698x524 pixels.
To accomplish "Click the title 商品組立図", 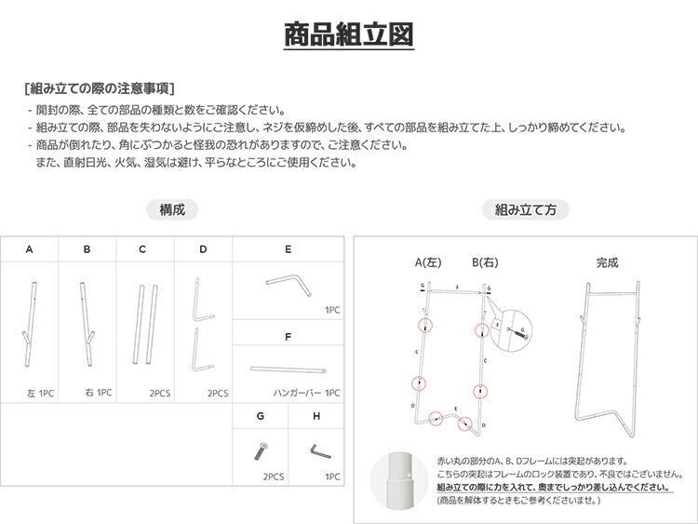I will pyautogui.click(x=349, y=34).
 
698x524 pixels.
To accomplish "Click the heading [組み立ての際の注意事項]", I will pyautogui.click(x=100, y=89).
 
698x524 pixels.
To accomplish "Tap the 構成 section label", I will pyautogui.click(x=172, y=210).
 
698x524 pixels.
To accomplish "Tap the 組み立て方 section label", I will pyautogui.click(x=526, y=210).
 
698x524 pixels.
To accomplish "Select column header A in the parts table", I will pyautogui.click(x=29, y=249).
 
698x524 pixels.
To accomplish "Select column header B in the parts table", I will pyautogui.click(x=87, y=249).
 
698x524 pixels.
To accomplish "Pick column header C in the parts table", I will pyautogui.click(x=142, y=249).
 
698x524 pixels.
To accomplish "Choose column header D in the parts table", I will pyautogui.click(x=202, y=249).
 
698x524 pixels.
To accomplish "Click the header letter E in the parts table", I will pyautogui.click(x=289, y=249).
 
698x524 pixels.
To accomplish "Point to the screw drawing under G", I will pyautogui.click(x=260, y=452).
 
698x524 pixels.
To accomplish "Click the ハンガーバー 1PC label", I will pyautogui.click(x=307, y=393).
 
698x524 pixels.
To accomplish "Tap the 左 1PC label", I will pyautogui.click(x=41, y=393).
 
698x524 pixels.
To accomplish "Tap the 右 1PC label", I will pyautogui.click(x=98, y=393).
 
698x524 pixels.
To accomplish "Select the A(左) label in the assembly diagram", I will pyautogui.click(x=428, y=262).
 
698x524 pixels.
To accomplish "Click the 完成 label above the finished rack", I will pyautogui.click(x=607, y=263).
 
